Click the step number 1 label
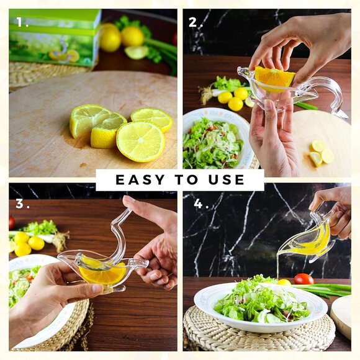[x=22, y=22]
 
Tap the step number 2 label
[x=196, y=22]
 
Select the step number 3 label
[x=22, y=204]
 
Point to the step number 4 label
[x=201, y=204]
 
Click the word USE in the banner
[x=226, y=180]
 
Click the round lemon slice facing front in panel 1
[x=140, y=142]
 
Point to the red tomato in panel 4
[x=304, y=279]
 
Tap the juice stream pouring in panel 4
[x=278, y=264]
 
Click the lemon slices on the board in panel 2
[x=321, y=153]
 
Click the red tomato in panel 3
[x=12, y=222]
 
